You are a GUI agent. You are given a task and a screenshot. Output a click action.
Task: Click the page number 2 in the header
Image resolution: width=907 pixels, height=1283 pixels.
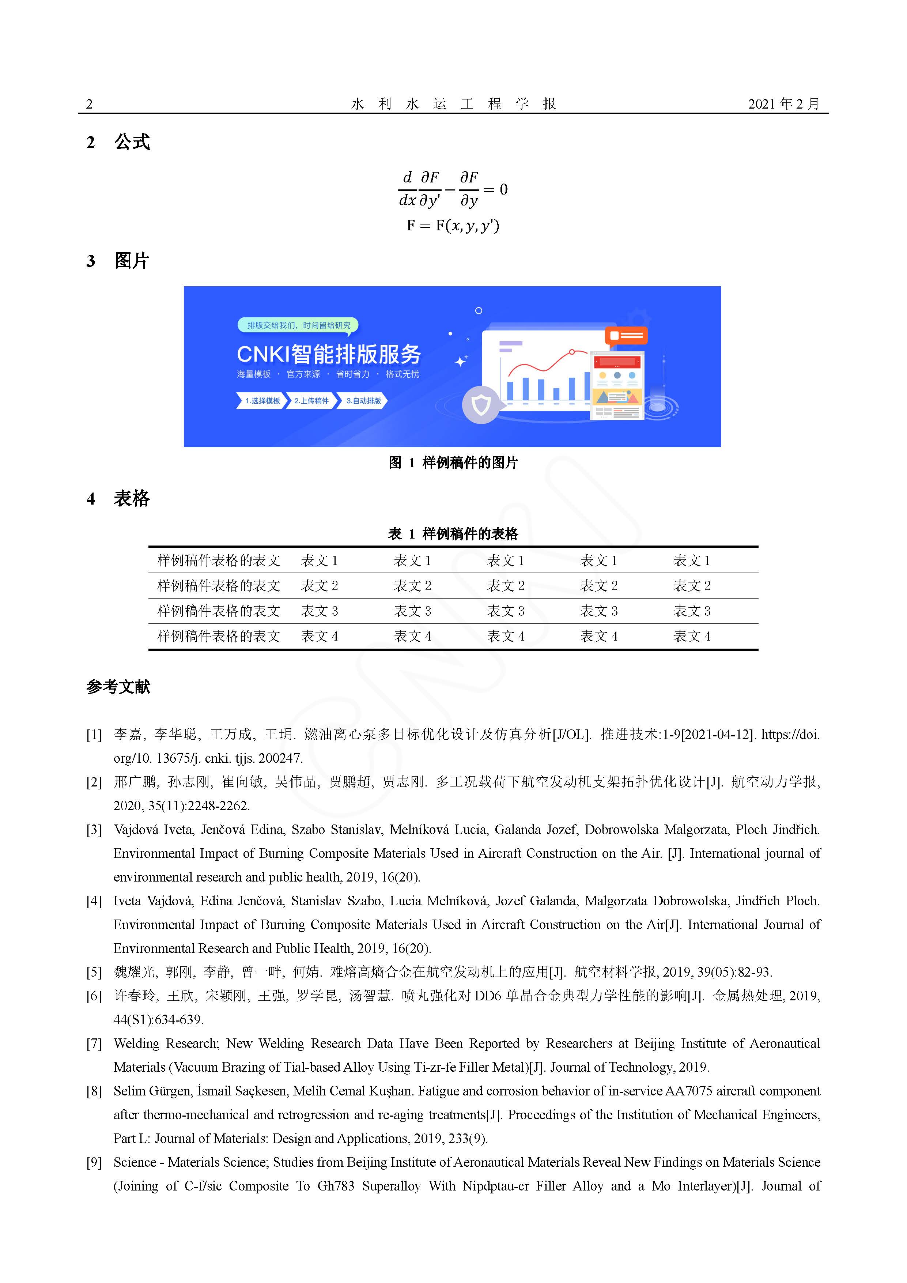[x=90, y=104]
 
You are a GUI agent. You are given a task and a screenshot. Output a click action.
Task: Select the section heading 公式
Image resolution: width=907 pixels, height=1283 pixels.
[x=132, y=142]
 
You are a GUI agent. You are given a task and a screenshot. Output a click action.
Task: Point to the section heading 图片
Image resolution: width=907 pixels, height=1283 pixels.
[x=132, y=261]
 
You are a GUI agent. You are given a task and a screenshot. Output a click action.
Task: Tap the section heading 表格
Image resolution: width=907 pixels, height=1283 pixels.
[x=132, y=498]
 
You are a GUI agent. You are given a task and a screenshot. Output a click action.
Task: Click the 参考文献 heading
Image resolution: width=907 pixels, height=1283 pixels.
[x=118, y=687]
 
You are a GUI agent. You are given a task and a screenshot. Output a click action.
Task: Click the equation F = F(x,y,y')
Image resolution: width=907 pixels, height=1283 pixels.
[x=453, y=225]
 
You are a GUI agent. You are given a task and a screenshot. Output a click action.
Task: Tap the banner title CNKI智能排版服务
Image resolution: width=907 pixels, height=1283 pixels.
[x=329, y=354]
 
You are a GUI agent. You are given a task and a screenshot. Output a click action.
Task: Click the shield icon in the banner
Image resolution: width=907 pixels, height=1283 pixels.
[x=481, y=404]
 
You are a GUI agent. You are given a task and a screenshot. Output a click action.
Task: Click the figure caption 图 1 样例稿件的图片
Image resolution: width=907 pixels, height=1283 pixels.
[x=453, y=463]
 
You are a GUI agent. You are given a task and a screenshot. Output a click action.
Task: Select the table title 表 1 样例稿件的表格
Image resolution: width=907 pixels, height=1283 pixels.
[x=453, y=534]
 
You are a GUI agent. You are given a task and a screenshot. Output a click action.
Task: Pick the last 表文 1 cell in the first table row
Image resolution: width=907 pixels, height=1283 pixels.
[x=692, y=561]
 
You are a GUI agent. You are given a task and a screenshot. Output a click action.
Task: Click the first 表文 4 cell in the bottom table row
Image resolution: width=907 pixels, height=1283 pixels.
[x=320, y=637]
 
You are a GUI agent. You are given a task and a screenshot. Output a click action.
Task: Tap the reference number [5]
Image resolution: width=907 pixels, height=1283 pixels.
[x=94, y=972]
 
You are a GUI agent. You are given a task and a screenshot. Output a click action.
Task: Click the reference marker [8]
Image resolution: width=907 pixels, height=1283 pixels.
[x=94, y=1091]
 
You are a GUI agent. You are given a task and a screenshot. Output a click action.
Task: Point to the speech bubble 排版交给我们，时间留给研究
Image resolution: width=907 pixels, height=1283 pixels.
[x=298, y=325]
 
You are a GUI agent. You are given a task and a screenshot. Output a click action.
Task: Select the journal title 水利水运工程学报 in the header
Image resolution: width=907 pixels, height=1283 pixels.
[x=453, y=104]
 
